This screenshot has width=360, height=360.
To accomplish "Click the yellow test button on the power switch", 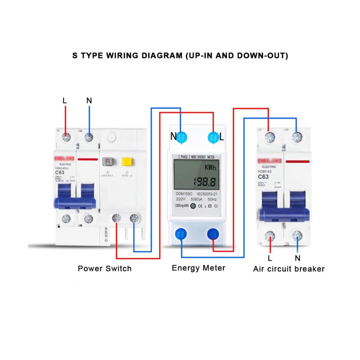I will (x=126, y=161).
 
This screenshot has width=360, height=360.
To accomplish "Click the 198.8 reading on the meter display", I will (x=204, y=181).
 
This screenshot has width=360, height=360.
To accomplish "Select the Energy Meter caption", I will (x=198, y=268).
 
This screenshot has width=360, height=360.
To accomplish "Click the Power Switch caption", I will (x=105, y=269).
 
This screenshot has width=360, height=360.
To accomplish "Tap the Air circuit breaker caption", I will (x=289, y=269).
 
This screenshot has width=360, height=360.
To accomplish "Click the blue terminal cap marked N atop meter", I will (x=181, y=137).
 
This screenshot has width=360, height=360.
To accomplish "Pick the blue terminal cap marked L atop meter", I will (x=213, y=137).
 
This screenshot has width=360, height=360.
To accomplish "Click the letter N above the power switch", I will (x=89, y=101).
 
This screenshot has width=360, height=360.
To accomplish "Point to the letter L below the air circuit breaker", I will (x=270, y=258).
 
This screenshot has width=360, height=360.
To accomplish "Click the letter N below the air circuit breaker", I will (x=297, y=258).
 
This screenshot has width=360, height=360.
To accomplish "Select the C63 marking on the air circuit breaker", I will (x=263, y=177).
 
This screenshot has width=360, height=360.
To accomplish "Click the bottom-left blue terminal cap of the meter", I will (x=181, y=234).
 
